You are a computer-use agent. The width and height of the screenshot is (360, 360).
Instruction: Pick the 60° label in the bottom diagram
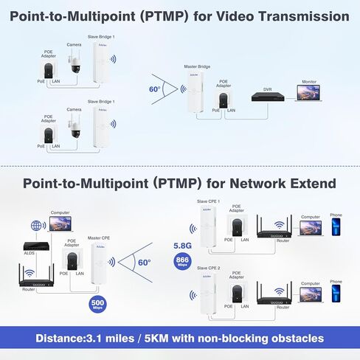tap(143, 262)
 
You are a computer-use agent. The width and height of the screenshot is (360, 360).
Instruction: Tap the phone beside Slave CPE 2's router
tap(336, 294)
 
